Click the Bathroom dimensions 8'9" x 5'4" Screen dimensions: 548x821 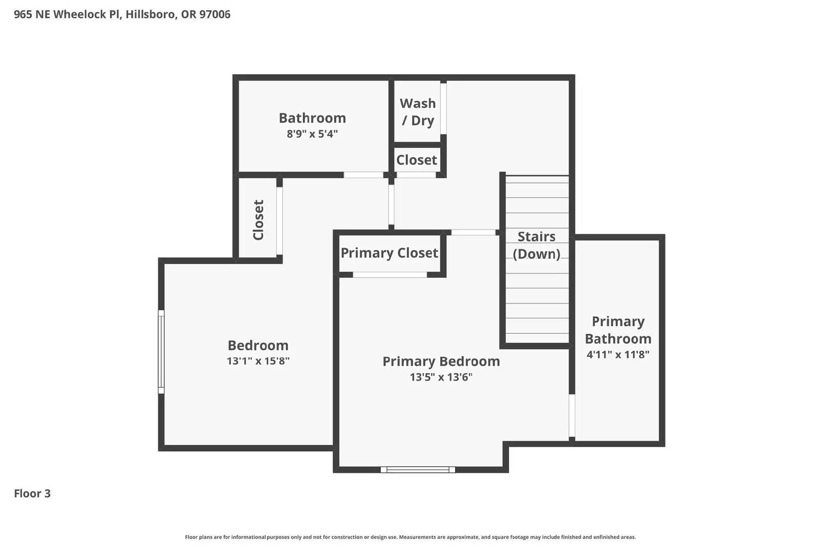312,134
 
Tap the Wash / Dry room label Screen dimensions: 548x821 418,112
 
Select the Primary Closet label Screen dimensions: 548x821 389,253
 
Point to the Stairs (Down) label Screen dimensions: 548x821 536,245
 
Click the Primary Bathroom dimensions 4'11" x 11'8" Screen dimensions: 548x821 618,354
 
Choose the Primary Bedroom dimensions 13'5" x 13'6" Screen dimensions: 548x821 441,377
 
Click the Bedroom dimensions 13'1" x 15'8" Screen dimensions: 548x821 258,361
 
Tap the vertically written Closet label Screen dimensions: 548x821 258,220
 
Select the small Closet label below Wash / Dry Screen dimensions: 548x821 416,160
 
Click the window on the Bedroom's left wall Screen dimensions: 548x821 161,352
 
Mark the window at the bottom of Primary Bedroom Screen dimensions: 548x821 418,469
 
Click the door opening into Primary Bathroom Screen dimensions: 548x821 572,416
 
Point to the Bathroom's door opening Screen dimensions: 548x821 363,175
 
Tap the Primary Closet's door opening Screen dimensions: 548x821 389,275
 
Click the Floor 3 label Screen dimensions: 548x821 32,494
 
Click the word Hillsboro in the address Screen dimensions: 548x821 150,14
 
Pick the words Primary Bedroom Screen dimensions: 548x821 441,361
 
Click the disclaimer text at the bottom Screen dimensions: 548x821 410,537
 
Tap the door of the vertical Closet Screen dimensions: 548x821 279,221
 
